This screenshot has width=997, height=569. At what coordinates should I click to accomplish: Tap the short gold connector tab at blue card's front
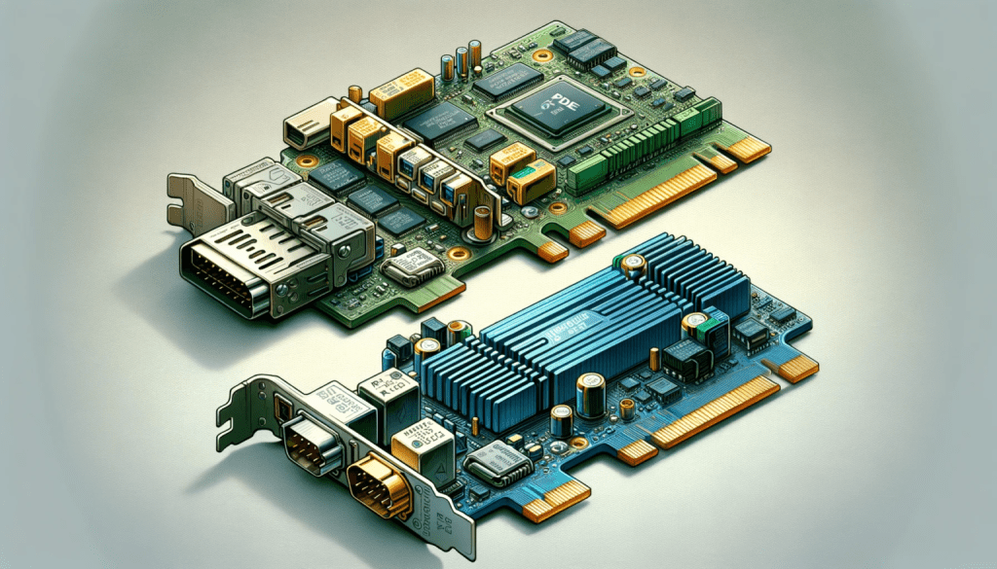(x=556, y=500)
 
